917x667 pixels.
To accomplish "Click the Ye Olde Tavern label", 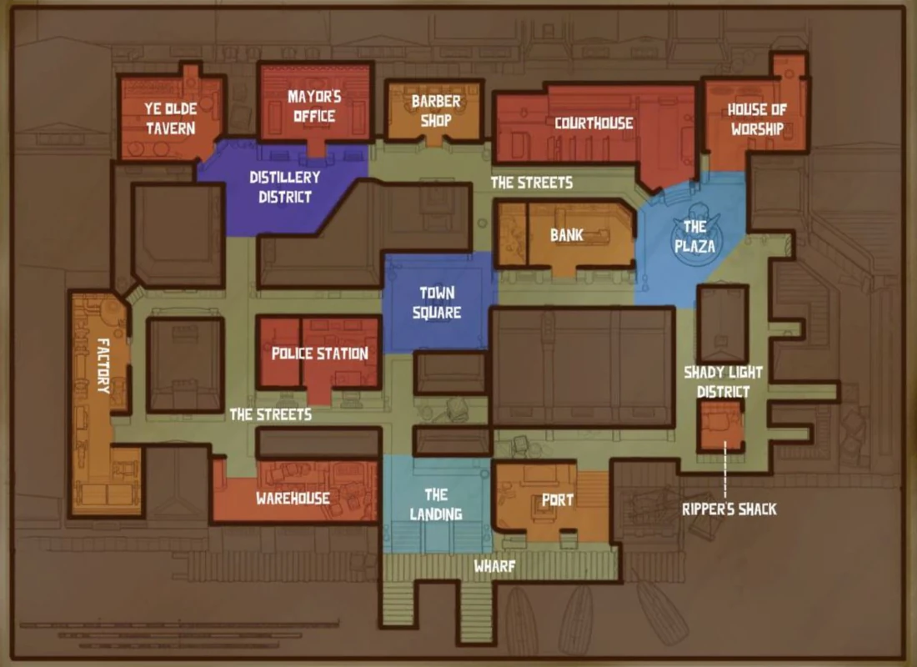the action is tap(169, 118).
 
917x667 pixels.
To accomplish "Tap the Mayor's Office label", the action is tap(314, 106).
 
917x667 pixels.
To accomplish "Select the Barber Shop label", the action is tap(435, 110).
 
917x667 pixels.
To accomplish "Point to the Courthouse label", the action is tap(594, 123).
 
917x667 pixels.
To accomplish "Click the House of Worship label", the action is tap(756, 118).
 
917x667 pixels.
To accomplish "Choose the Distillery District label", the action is tap(284, 187).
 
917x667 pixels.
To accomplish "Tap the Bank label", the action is tap(567, 236).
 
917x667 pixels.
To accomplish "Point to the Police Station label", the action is tap(319, 354).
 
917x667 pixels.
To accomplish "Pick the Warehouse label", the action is tap(293, 499).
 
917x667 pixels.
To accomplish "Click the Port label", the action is tap(557, 500).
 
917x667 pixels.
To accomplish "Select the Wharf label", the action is tap(494, 567).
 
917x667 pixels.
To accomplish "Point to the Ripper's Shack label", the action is tap(729, 509).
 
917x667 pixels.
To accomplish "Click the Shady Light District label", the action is tap(723, 382).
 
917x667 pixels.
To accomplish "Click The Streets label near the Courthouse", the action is tap(531, 182).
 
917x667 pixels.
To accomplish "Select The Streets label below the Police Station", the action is tap(270, 414).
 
